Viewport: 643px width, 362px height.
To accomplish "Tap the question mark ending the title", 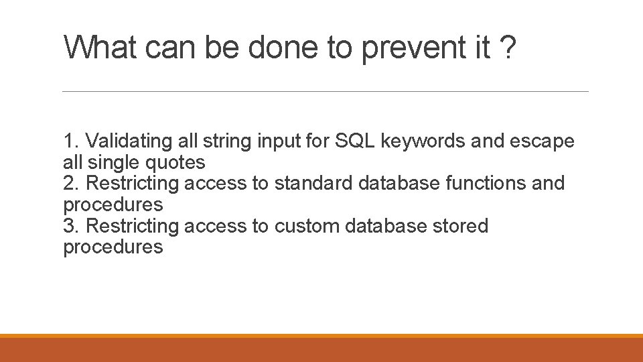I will tap(508, 48).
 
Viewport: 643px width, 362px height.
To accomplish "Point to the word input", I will tap(274, 141).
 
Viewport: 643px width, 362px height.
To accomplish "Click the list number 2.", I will tap(70, 183).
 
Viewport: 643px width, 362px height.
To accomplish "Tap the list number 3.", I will tap(70, 226).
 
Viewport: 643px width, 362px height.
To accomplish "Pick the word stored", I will tap(461, 226).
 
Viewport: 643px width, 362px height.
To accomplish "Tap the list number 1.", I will tap(70, 141).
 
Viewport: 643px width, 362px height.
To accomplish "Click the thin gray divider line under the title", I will tap(325, 91).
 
